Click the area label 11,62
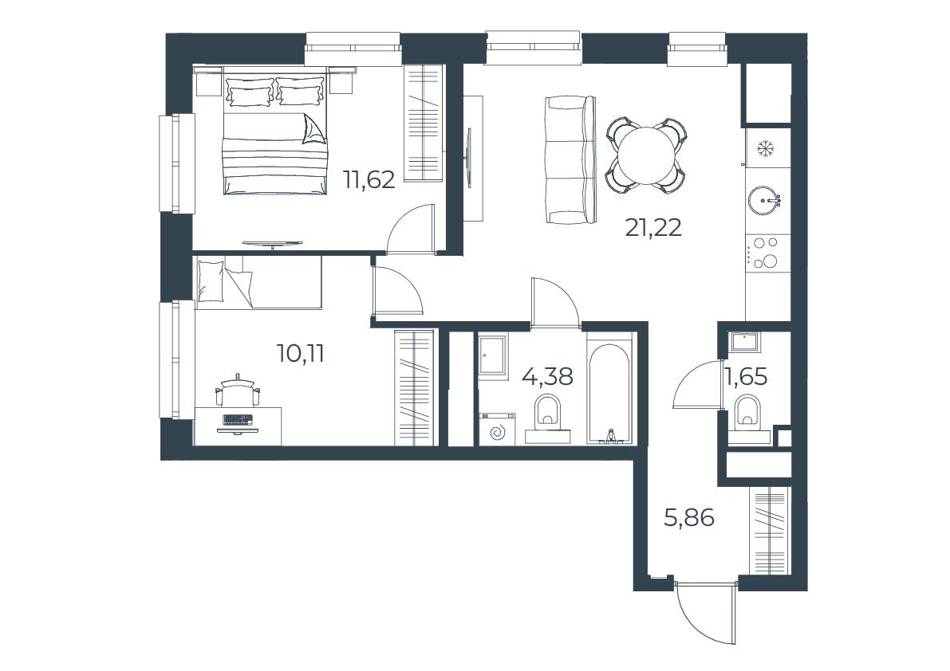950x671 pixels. [x=369, y=179]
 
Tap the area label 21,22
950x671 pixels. [x=654, y=227]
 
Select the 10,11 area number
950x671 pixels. [x=301, y=353]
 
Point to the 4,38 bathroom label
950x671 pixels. [x=547, y=376]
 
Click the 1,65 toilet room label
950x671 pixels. [x=746, y=376]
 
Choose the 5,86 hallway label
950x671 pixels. [x=689, y=518]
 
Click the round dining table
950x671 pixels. [x=646, y=155]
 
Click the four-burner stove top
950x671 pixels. [x=765, y=252]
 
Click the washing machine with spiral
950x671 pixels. [x=497, y=430]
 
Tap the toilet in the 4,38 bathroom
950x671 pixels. [x=548, y=414]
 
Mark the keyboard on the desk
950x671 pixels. [x=237, y=419]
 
